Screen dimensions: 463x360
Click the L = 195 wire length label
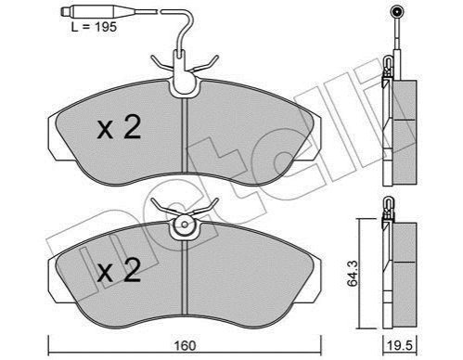[x=94, y=27]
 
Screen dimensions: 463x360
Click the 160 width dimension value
[x=185, y=345]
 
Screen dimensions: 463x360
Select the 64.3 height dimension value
[x=353, y=274]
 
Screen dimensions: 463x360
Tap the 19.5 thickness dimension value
[x=401, y=346]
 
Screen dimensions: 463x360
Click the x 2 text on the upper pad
[x=119, y=127]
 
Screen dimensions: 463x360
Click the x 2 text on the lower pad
[x=119, y=271]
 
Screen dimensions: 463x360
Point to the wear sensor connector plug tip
[x=63, y=12]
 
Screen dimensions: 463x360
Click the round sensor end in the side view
[x=396, y=12]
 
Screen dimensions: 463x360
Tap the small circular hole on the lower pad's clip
[x=185, y=225]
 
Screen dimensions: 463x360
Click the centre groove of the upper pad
[x=185, y=135]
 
